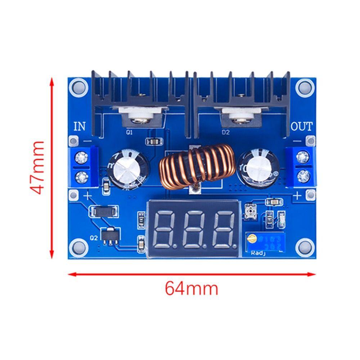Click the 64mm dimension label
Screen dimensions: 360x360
click(192, 288)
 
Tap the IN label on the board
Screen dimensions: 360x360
click(80, 126)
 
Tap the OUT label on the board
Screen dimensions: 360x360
click(301, 126)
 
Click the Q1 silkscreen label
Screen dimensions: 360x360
click(129, 132)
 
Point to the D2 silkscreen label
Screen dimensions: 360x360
click(226, 132)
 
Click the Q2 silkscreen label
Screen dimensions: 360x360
click(93, 238)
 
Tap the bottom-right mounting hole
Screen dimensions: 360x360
click(303, 247)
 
